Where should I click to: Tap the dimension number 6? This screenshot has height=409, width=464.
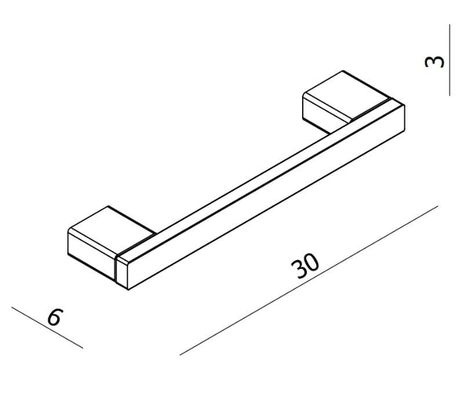point(55,317)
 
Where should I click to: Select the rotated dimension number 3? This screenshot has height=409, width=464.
point(434,61)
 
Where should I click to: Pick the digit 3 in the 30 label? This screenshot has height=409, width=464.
point(298,269)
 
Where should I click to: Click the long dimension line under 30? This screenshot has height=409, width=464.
point(309,280)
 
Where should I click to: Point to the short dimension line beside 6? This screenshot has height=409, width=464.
point(47,327)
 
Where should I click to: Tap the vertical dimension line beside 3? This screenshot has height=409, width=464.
point(449,60)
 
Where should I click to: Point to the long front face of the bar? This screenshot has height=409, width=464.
point(266,198)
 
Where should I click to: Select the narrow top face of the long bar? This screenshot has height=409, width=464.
point(258,180)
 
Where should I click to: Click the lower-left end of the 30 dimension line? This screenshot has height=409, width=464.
point(180,355)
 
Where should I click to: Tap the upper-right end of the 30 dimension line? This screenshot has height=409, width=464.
point(438,206)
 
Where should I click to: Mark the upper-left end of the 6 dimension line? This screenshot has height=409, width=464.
point(12,307)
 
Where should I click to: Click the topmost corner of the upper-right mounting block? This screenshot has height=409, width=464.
point(343,71)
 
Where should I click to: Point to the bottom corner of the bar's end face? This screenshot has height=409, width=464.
point(128,290)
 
